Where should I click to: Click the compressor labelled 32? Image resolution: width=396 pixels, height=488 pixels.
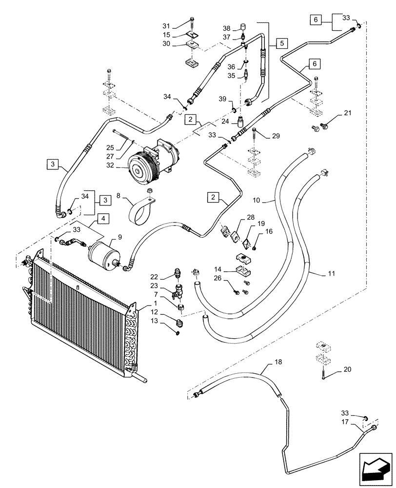point(153,162)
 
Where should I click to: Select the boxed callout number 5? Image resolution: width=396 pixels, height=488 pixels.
point(282,43)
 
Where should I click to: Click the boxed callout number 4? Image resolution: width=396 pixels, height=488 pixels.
point(103,219)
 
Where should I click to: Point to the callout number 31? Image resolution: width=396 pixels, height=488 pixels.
point(166,25)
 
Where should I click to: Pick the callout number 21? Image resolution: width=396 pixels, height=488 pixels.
point(347,113)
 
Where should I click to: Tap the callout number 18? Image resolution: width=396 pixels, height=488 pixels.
point(278,362)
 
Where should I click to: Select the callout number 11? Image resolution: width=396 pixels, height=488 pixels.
point(332,273)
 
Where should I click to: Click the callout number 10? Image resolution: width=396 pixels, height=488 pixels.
point(257,200)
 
